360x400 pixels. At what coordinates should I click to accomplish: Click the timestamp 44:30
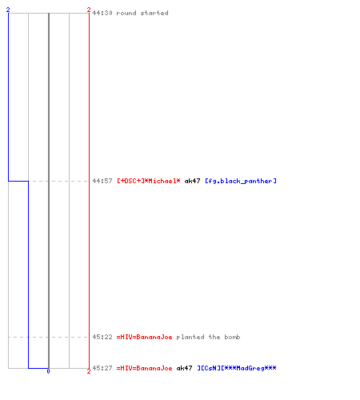[102, 13]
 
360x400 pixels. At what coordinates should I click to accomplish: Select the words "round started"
[142, 13]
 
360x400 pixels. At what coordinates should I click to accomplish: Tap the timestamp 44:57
[102, 181]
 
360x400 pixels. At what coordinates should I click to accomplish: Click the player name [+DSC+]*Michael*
[149, 181]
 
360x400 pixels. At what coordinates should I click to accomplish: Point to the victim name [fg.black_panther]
[241, 181]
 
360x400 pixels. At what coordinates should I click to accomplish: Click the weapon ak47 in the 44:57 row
[192, 181]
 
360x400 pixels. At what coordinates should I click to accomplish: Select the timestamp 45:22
[102, 337]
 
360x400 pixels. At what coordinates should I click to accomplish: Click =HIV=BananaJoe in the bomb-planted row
[144, 337]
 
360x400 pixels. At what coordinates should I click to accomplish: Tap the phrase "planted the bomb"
[208, 337]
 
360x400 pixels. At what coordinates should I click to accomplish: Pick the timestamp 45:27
[102, 368]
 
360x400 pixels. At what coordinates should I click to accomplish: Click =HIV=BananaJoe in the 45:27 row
[144, 368]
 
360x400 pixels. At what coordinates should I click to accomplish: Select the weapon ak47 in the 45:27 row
[184, 368]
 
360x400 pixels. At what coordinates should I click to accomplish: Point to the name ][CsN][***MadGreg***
[237, 368]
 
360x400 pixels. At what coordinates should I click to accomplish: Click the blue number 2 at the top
[8, 10]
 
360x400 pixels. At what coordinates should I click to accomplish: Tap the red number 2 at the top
[89, 10]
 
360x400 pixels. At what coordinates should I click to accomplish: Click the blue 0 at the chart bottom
[48, 371]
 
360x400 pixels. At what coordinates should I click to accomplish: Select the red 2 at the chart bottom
[89, 371]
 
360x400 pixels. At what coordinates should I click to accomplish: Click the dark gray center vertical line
[49, 190]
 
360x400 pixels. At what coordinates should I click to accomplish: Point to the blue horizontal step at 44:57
[18, 181]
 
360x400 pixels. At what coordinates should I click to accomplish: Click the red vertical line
[89, 190]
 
